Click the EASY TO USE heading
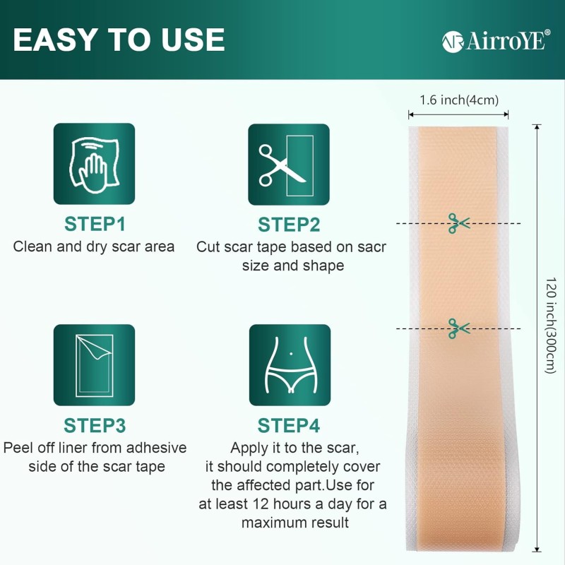tap(119, 40)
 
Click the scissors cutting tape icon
tap(288, 164)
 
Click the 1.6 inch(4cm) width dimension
tap(458, 100)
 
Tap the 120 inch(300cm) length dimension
tap(551, 332)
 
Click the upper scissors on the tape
tap(458, 223)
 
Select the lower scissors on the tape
tap(458, 328)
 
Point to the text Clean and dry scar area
tap(94, 247)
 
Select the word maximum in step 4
tap(271, 523)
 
